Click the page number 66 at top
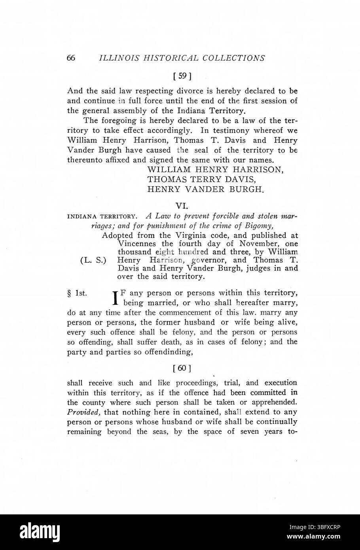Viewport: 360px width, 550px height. coord(71,58)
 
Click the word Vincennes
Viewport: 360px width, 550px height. coord(138,243)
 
